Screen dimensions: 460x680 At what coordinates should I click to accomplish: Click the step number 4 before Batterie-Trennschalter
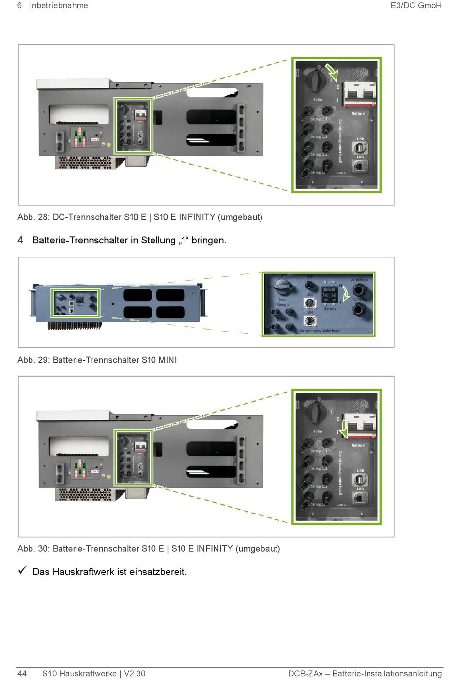coord(20,240)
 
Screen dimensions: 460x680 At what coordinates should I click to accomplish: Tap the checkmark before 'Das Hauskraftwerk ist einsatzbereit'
coord(22,571)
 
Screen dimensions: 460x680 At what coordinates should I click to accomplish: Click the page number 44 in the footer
coord(22,673)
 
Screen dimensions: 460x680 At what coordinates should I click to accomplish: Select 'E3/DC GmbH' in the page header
coord(416,6)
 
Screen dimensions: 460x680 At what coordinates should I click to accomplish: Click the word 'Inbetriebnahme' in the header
coord(59,6)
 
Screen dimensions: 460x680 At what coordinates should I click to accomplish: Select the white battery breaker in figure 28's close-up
coord(359,93)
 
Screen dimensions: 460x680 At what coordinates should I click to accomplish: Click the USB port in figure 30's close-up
coord(360,480)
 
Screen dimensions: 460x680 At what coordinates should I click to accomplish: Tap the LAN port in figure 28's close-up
coord(360,166)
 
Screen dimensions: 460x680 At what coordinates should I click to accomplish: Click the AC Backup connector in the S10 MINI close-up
coord(359,290)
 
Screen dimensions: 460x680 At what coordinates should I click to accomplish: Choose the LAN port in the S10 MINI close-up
coord(310,320)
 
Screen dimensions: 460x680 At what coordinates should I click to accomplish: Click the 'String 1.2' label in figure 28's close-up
coord(319,137)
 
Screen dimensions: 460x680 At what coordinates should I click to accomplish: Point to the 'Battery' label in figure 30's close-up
coord(358,445)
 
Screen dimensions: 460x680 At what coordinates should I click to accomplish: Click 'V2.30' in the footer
coord(135,673)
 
